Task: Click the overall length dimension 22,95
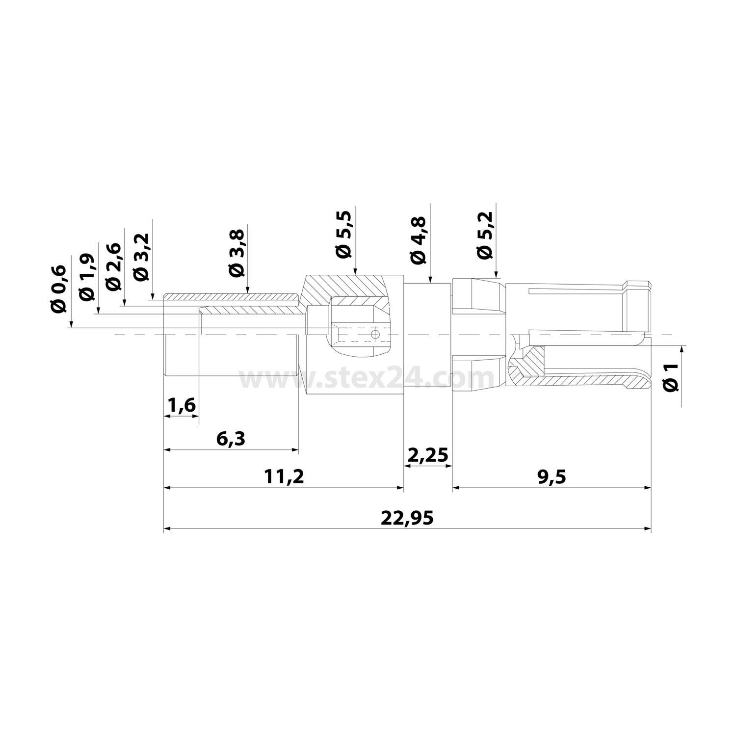(x=407, y=518)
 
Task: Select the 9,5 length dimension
(x=551, y=476)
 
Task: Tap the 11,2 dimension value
(x=283, y=476)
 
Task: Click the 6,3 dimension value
(x=231, y=439)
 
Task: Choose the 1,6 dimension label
(x=182, y=406)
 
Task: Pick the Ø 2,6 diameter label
(x=113, y=266)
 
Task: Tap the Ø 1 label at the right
(x=671, y=377)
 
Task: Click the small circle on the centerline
(x=375, y=334)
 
